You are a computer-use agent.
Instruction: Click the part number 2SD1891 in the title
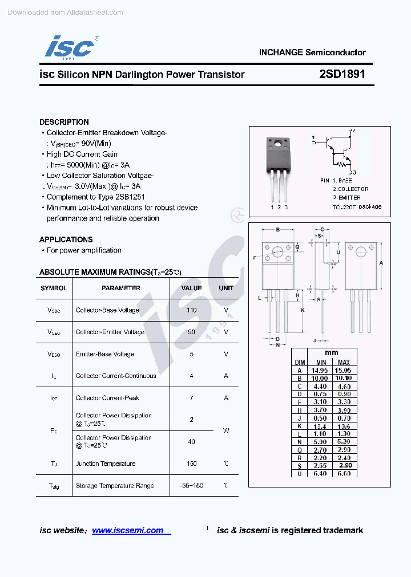coord(342,74)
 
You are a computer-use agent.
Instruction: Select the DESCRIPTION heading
coord(64,122)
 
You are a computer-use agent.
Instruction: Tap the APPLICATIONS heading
coord(66,239)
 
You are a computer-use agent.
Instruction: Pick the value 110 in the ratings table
coord(191,310)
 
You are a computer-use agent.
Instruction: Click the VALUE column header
coord(191,288)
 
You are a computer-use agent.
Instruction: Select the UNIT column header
coord(226,288)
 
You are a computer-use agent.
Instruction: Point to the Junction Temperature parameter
coord(106,464)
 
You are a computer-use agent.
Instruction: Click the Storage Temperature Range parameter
coord(115,486)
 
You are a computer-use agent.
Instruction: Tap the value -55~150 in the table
coord(191,486)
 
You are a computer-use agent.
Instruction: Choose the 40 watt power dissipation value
coord(191,441)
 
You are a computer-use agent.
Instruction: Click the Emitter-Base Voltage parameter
coord(105,354)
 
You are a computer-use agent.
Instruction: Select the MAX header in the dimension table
coord(344,362)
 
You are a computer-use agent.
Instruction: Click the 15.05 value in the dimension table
coord(344,370)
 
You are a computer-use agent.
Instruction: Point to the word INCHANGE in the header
coord(280,52)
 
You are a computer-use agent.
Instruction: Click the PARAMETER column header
coord(121,288)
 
